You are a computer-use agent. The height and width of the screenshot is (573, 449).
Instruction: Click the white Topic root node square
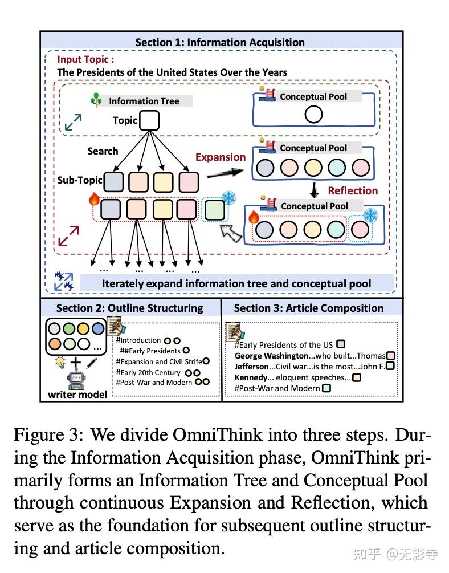coord(149,120)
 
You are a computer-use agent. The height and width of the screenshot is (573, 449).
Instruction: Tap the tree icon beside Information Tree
coord(96,100)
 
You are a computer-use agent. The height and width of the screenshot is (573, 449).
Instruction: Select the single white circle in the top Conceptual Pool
coord(313,115)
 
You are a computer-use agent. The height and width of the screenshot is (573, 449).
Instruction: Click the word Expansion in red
coord(221,157)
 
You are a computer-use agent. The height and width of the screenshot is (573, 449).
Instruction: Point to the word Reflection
coord(352,190)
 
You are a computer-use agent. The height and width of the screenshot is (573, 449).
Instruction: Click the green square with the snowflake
coord(214,209)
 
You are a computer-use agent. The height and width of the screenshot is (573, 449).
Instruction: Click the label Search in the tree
coord(103,151)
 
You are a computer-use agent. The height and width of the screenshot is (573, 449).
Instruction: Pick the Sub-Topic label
coord(79,180)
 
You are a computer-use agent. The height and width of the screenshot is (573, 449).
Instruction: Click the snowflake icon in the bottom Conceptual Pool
coord(370,216)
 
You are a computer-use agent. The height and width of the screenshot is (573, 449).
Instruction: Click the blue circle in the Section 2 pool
coord(97,329)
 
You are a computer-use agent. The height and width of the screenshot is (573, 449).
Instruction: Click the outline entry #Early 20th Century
coord(153,372)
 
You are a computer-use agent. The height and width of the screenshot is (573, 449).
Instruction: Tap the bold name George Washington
coord(271,356)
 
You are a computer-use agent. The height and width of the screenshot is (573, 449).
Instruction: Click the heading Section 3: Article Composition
coord(309,308)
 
